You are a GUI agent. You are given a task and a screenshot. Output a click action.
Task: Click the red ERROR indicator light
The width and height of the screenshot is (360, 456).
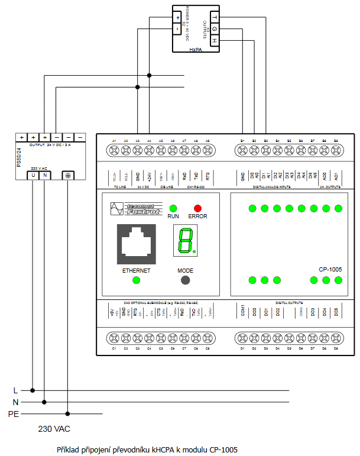point(197,208)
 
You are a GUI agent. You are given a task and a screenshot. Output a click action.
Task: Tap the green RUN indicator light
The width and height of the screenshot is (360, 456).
point(173,208)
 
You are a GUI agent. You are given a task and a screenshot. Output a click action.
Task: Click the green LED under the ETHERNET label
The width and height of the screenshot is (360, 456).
point(136,280)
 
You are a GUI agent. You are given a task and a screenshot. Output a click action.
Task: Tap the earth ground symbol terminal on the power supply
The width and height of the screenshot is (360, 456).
point(68,175)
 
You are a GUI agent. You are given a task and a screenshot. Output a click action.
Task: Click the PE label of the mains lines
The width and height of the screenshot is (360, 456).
point(14,414)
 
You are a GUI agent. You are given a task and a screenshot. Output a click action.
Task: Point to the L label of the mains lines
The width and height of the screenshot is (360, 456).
point(15,390)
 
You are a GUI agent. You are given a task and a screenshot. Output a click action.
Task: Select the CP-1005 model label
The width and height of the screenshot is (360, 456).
point(330,269)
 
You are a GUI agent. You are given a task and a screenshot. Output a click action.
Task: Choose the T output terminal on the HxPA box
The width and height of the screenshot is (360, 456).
point(214,17)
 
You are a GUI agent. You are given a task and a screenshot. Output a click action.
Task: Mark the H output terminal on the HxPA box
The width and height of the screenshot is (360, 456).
point(214,40)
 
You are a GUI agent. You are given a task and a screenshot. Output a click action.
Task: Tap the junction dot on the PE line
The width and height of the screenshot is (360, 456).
point(68,414)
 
